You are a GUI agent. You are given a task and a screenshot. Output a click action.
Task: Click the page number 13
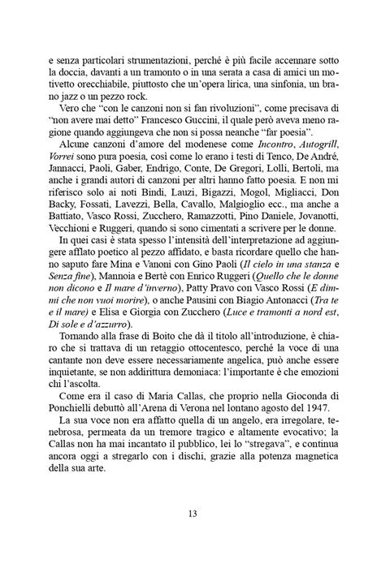(x=188, y=513)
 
